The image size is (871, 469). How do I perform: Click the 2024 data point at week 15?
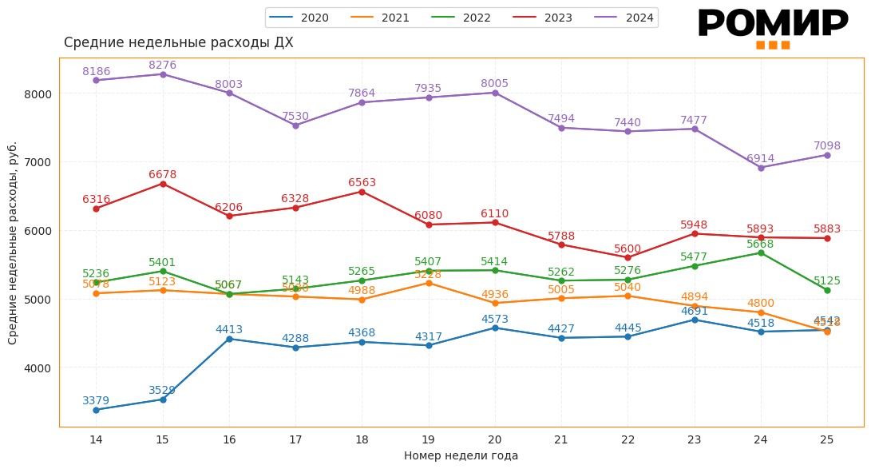[x=163, y=74]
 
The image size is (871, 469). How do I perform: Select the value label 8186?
[x=97, y=71]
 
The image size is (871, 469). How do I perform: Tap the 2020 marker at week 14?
[x=96, y=410]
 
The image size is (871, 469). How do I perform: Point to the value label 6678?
[x=163, y=174]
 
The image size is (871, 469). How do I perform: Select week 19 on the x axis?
[x=429, y=439]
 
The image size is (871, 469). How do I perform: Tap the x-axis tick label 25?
[x=827, y=439]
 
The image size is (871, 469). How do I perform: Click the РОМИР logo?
[x=773, y=27]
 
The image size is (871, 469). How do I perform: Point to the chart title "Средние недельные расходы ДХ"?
[x=179, y=43]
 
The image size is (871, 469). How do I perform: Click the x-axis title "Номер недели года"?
[x=461, y=456]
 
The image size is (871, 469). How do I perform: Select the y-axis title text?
[x=13, y=243]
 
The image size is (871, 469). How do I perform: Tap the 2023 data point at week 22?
[x=628, y=257]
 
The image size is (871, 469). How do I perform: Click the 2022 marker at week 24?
[x=761, y=252]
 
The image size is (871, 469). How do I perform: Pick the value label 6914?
[x=761, y=158]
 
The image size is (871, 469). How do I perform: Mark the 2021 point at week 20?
[x=495, y=303]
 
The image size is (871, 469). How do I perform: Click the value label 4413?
[x=229, y=329]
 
